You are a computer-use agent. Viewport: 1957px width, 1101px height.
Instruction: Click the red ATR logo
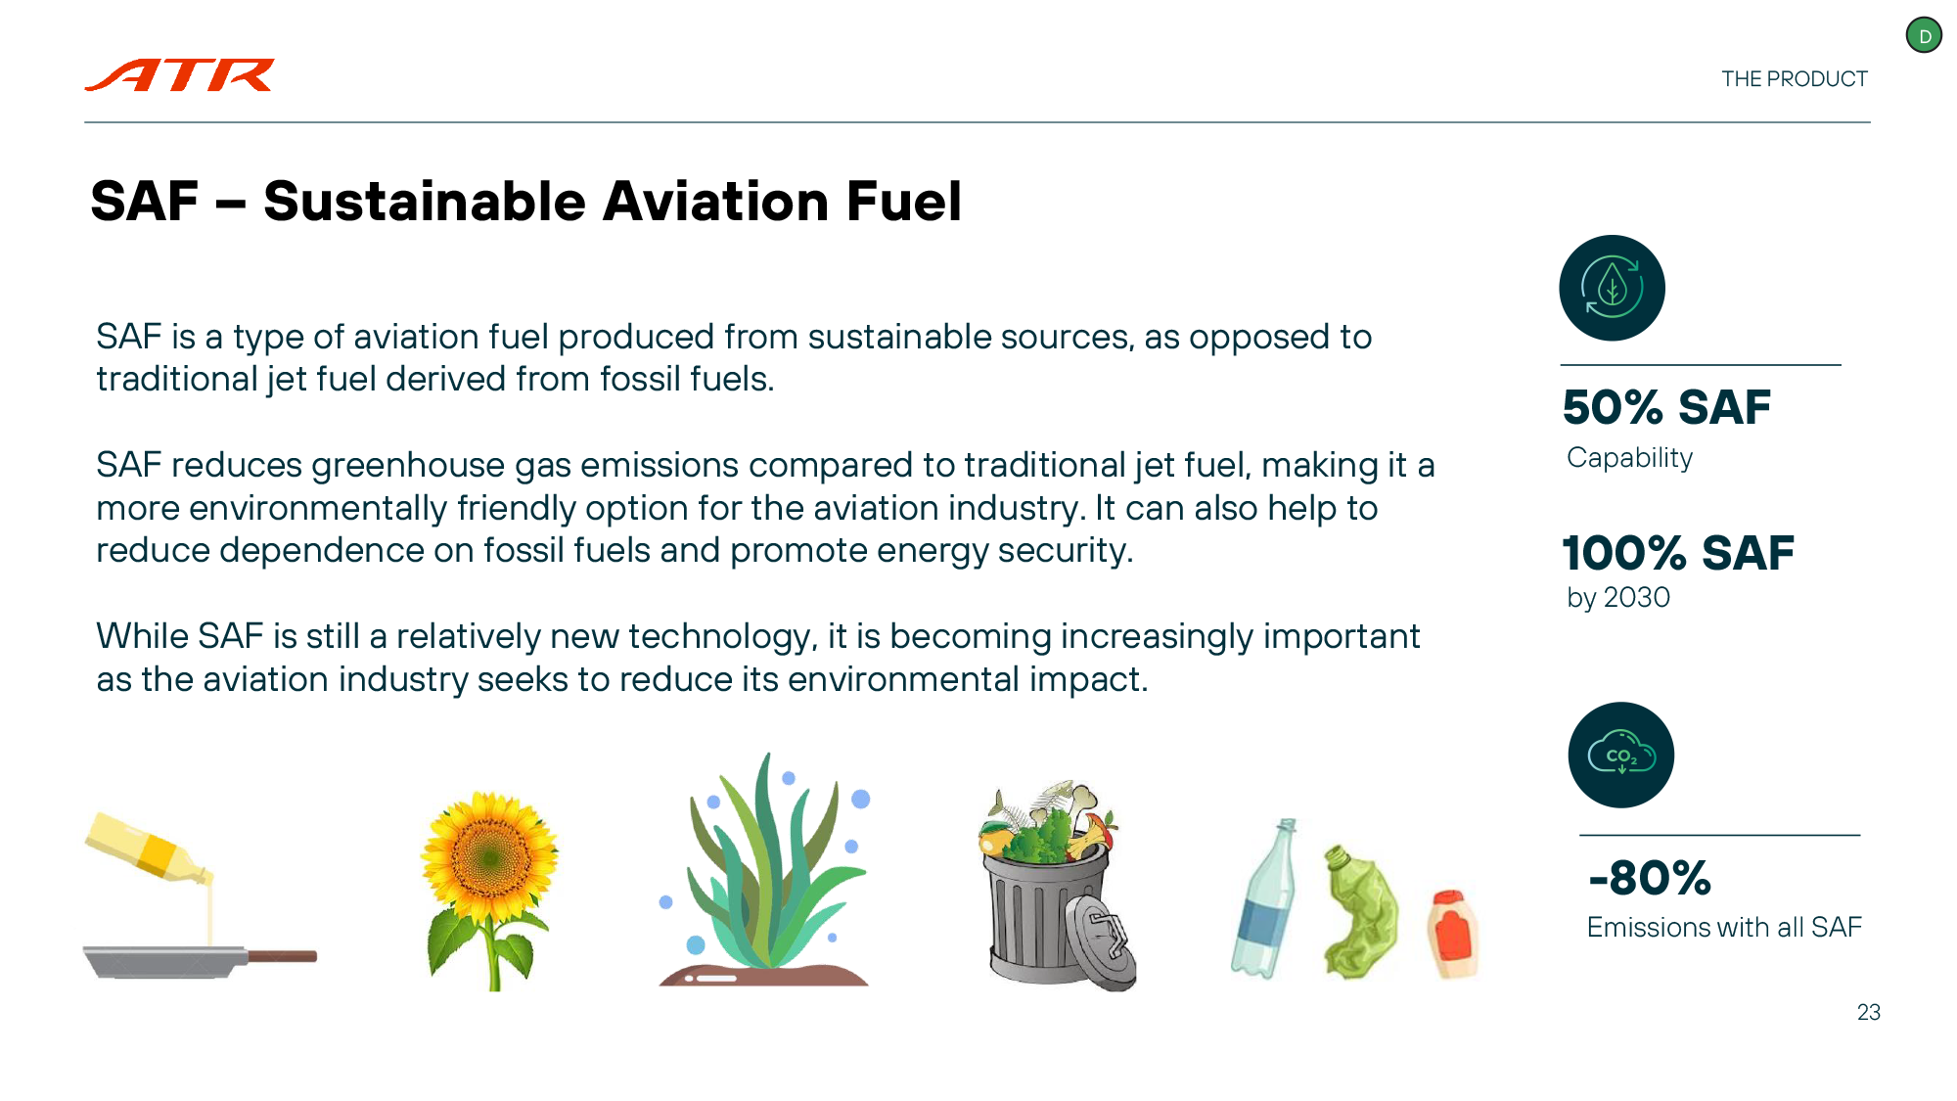click(x=180, y=74)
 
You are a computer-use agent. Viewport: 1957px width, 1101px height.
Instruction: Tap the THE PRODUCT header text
click(x=1795, y=79)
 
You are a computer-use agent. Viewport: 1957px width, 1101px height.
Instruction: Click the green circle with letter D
click(x=1924, y=36)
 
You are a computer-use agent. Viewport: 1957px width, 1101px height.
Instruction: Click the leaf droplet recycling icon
click(x=1612, y=288)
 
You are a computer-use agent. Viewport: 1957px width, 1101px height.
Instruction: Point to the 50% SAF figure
click(x=1666, y=407)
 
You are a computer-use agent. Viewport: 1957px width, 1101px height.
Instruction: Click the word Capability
click(x=1629, y=458)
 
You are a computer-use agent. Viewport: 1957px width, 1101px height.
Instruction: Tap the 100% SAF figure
click(x=1678, y=553)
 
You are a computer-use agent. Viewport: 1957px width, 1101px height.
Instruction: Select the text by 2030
click(x=1618, y=597)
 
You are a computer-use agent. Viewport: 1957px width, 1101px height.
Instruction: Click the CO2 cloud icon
click(x=1621, y=755)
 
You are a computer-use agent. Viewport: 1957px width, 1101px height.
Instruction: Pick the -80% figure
click(x=1650, y=878)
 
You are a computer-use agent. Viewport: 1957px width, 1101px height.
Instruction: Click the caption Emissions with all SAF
click(x=1724, y=927)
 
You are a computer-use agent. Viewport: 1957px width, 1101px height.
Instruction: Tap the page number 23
click(x=1869, y=1013)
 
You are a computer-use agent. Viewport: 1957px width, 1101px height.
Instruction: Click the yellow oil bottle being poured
click(x=147, y=848)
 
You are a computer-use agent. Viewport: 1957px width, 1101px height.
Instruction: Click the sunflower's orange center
click(x=489, y=859)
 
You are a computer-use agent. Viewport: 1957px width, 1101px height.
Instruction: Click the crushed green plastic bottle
click(x=1360, y=911)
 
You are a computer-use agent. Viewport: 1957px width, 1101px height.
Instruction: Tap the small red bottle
click(x=1451, y=934)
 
